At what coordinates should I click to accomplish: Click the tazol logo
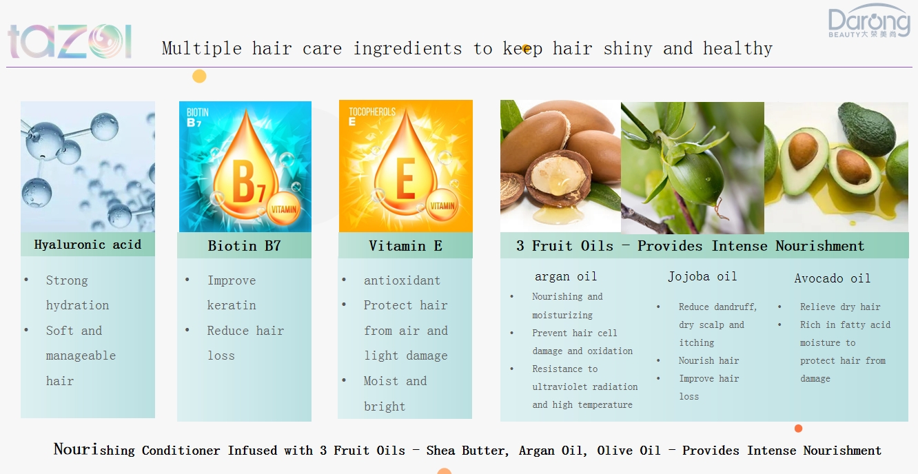(70, 41)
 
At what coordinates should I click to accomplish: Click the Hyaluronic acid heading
(88, 245)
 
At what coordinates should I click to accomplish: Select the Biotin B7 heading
(244, 246)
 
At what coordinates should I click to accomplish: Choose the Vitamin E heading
(405, 246)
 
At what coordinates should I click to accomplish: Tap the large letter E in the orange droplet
(405, 178)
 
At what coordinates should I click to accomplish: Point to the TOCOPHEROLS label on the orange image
(372, 112)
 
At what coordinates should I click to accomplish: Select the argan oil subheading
(566, 276)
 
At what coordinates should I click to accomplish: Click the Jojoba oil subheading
(702, 276)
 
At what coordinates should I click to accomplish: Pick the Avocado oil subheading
(832, 278)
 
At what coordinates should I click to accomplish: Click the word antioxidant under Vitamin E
(402, 280)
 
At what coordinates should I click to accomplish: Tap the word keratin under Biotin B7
(232, 305)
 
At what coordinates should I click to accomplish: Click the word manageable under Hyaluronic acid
(81, 355)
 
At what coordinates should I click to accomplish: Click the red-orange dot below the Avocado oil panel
(798, 429)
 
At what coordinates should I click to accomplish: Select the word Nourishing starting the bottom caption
(94, 449)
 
